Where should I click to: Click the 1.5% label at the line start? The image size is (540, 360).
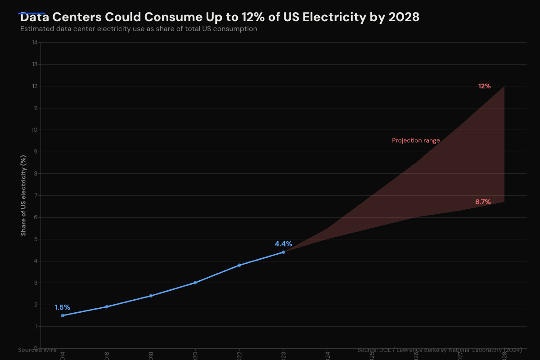[63, 307]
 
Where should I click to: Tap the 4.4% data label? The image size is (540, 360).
[283, 244]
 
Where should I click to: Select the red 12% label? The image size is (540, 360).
[484, 86]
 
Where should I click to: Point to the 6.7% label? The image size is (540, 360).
[483, 202]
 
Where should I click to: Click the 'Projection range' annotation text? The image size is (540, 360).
[416, 140]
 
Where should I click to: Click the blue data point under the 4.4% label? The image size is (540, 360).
[283, 252]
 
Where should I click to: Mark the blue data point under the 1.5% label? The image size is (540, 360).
[63, 315]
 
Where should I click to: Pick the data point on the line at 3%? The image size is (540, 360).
[195, 283]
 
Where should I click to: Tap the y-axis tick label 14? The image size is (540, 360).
[35, 43]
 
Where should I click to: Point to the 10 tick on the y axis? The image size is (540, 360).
[35, 130]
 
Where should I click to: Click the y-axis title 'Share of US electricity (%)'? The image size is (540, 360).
[23, 195]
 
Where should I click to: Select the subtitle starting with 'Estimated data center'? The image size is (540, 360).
[139, 29]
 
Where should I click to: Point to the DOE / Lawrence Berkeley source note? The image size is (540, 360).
[440, 350]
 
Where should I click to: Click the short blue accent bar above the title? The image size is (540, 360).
[31, 13]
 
